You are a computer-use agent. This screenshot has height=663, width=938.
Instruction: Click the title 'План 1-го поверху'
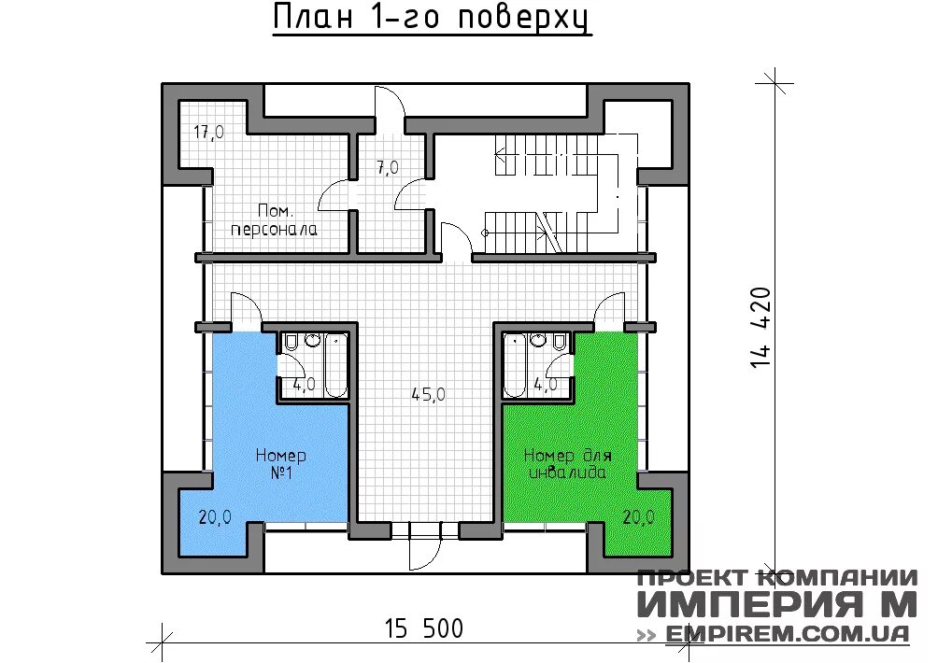pyautogui.click(x=432, y=19)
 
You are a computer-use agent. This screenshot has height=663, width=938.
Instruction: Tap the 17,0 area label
pyautogui.click(x=208, y=133)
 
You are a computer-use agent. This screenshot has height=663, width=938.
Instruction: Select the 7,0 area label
pyautogui.click(x=388, y=168)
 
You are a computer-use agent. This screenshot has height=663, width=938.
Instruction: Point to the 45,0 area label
pyautogui.click(x=428, y=394)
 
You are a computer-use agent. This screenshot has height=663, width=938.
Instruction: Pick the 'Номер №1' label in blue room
pyautogui.click(x=281, y=464)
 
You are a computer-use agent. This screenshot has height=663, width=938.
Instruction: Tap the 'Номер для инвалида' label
pyautogui.click(x=567, y=464)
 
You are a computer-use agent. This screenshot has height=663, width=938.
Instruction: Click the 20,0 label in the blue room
pyautogui.click(x=215, y=516)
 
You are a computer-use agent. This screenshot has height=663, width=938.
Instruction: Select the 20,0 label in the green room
pyautogui.click(x=638, y=516)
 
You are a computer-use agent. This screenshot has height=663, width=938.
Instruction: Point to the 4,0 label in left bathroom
pyautogui.click(x=303, y=384)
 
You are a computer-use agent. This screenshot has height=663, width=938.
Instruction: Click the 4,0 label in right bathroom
pyautogui.click(x=545, y=384)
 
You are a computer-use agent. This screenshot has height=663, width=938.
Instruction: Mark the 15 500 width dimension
pyautogui.click(x=423, y=628)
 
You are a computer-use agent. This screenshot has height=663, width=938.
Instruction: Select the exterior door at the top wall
pyautogui.click(x=388, y=103)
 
